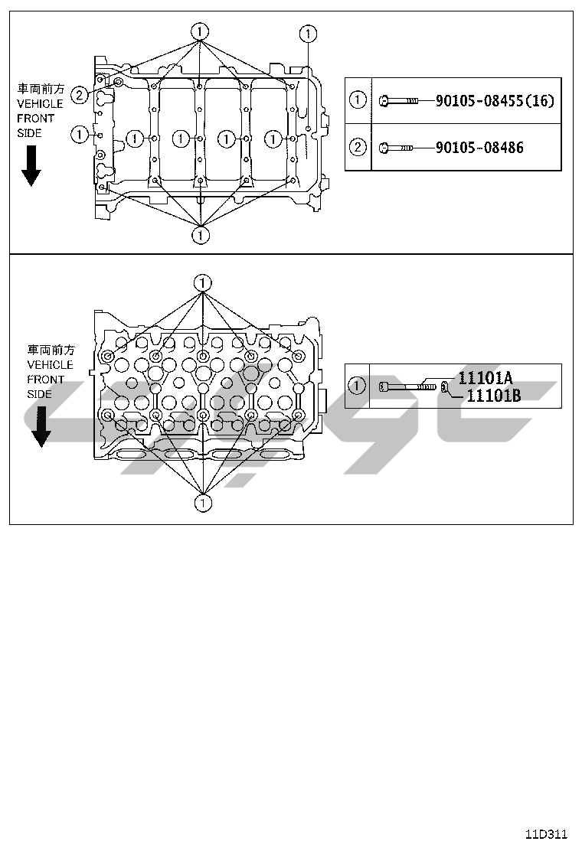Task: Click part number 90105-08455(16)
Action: (x=494, y=100)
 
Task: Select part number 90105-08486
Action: (x=479, y=147)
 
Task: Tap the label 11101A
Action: (x=485, y=377)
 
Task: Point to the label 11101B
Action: (x=493, y=395)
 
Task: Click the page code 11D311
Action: (x=546, y=833)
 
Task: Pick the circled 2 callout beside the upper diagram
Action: (x=79, y=95)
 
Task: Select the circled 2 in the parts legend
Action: (x=358, y=147)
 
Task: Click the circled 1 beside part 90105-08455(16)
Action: (x=358, y=100)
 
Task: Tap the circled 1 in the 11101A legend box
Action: (x=357, y=386)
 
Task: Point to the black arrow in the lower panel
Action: (x=40, y=426)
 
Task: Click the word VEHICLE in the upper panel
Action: (x=40, y=104)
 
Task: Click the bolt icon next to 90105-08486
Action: (x=397, y=147)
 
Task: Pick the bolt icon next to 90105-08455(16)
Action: (x=399, y=100)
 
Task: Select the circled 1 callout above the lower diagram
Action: (x=202, y=282)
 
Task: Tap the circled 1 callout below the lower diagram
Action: (x=202, y=503)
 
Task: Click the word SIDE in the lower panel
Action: (x=40, y=394)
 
